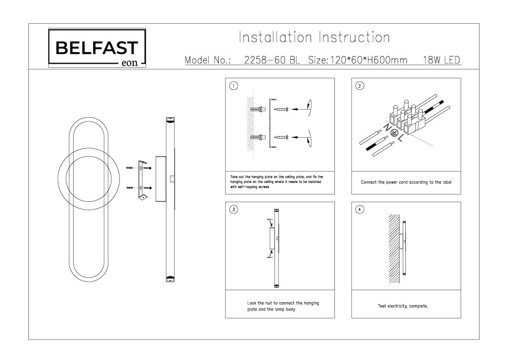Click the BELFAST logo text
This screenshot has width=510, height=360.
[x=97, y=49]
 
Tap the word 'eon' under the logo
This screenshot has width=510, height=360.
[x=128, y=66]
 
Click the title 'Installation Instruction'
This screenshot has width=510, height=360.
[x=314, y=38]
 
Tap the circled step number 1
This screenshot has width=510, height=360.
[x=234, y=86]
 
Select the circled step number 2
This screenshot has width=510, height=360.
[x=360, y=86]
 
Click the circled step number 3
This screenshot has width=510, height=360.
[x=234, y=209]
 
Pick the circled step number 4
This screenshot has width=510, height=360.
[x=360, y=209]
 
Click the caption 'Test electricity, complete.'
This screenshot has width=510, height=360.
[x=403, y=306]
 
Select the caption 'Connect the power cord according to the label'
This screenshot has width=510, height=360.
[x=406, y=182]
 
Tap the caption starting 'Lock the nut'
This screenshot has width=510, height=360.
[x=283, y=306]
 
